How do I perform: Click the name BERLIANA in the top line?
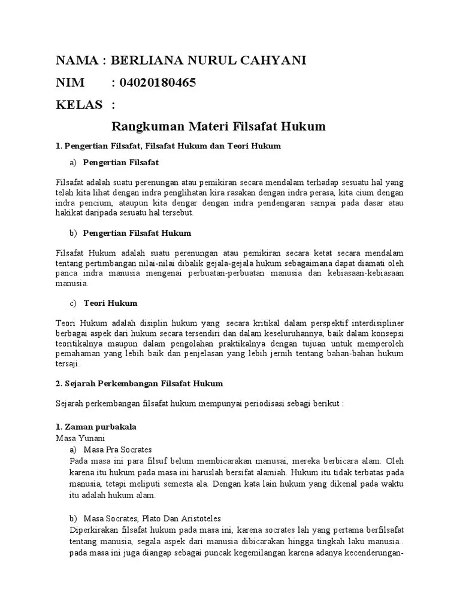146,60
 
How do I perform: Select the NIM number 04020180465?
158,83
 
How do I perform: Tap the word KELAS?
79,105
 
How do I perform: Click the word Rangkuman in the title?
146,126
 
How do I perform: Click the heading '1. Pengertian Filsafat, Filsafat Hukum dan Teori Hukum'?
168,145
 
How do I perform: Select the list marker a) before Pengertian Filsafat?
73,162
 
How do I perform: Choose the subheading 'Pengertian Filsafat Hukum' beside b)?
137,232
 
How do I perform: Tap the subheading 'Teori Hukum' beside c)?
110,302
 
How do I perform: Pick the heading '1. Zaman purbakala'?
96,427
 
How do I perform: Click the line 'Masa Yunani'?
75,438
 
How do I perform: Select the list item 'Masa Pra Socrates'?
118,449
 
